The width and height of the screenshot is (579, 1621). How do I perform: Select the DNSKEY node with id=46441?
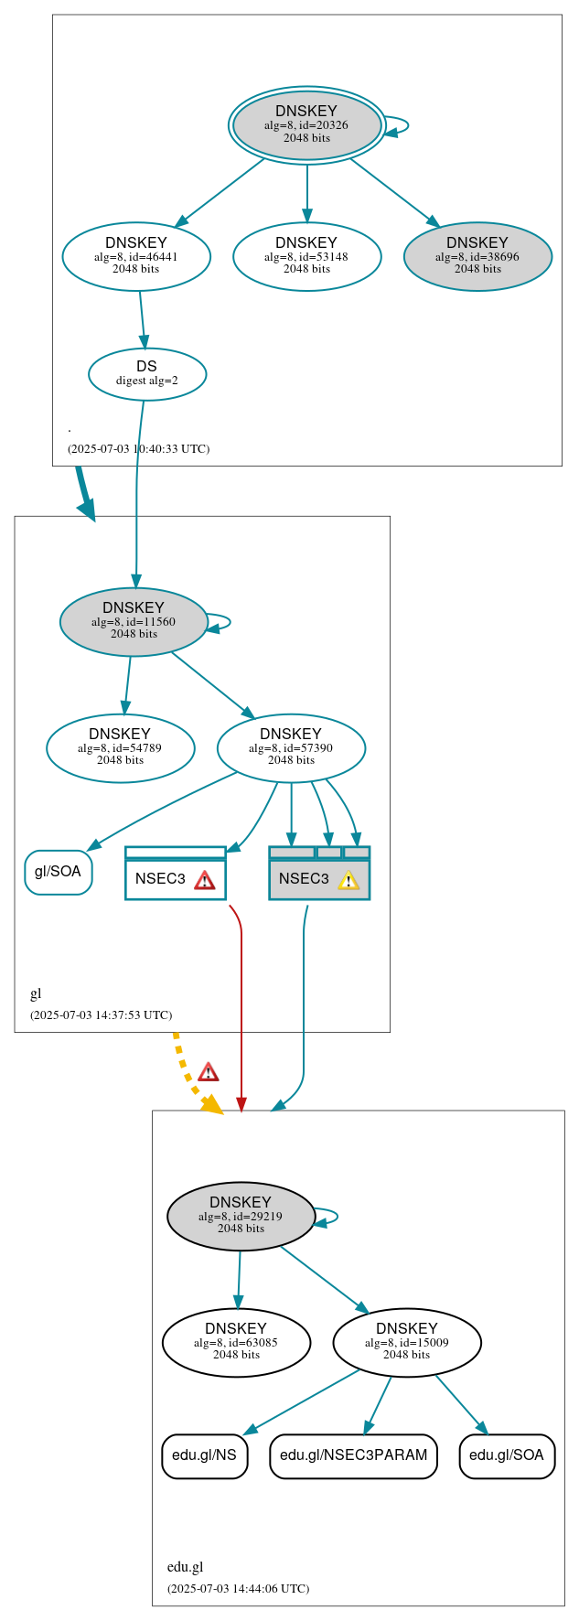[136, 256]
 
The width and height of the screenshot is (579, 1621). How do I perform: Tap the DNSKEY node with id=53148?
[306, 256]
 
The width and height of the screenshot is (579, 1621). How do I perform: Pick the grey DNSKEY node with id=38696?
[477, 256]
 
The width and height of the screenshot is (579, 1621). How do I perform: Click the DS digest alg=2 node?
[147, 373]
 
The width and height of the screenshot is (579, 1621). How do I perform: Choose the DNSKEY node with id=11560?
[134, 621]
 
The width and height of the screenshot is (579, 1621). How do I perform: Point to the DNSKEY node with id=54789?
[120, 747]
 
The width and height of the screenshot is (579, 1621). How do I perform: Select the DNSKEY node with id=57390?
[291, 747]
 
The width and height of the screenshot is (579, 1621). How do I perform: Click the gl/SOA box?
[58, 872]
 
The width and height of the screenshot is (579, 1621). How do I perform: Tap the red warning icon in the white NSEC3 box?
[204, 880]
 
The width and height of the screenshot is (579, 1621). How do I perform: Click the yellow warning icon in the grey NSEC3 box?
[348, 880]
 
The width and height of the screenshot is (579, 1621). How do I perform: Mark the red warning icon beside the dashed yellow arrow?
[209, 1072]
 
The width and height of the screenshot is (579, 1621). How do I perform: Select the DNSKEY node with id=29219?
[241, 1216]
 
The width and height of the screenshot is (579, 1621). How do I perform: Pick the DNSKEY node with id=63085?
[236, 1342]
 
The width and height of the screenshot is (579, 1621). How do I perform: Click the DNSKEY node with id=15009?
[407, 1342]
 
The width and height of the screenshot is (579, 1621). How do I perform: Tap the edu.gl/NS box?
[204, 1455]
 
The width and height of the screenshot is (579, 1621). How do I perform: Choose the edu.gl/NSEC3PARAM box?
[353, 1455]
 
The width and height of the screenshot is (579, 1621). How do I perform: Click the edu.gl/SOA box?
[507, 1455]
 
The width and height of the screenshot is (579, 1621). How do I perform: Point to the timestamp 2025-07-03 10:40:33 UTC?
[138, 449]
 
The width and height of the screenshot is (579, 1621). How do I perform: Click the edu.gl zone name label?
[185, 1567]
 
